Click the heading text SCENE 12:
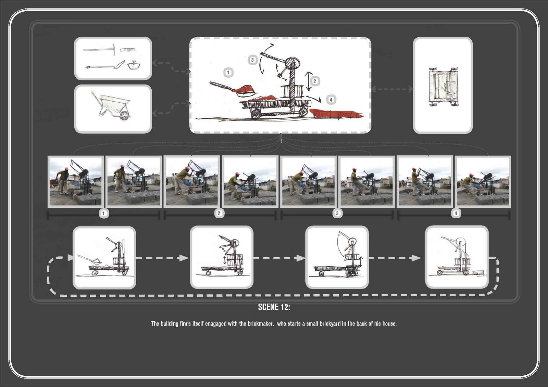[x=274, y=307]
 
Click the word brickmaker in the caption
[x=260, y=324]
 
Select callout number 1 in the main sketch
[x=228, y=72]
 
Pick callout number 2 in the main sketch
[x=315, y=81]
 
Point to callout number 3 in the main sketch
[x=252, y=60]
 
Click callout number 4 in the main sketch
[x=331, y=100]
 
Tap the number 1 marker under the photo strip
[x=103, y=214]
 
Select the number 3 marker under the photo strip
[x=337, y=213]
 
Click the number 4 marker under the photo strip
[x=456, y=213]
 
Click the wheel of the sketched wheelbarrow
[x=125, y=115]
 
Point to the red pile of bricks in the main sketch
[x=336, y=114]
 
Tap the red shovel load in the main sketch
[x=246, y=89]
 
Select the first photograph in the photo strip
[x=76, y=181]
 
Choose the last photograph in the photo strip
[x=483, y=181]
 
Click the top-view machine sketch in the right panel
[x=443, y=87]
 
